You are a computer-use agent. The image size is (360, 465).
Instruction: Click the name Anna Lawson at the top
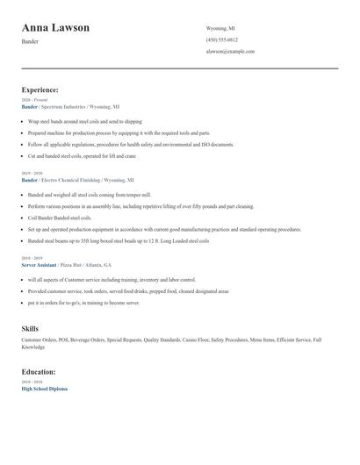tap(55, 28)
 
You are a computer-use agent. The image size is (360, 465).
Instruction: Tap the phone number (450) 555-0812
tap(221, 40)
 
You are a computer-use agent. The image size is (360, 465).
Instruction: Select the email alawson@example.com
tap(230, 52)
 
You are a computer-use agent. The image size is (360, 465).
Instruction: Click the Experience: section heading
tap(40, 89)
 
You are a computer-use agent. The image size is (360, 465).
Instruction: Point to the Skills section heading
tap(30, 328)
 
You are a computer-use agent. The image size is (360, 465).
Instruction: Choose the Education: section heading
tap(39, 371)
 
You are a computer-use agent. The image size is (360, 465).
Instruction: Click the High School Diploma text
tap(44, 388)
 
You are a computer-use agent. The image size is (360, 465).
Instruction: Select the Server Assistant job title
tap(39, 263)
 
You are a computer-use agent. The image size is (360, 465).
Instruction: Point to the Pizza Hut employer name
tap(74, 263)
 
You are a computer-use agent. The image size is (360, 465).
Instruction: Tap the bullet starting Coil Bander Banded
tap(59, 218)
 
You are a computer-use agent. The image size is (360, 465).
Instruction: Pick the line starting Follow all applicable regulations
tap(130, 144)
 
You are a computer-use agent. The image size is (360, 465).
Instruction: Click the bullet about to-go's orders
tap(83, 302)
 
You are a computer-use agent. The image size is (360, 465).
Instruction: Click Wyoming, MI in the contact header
tap(220, 28)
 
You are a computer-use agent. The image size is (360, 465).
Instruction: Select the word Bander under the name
tap(30, 41)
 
